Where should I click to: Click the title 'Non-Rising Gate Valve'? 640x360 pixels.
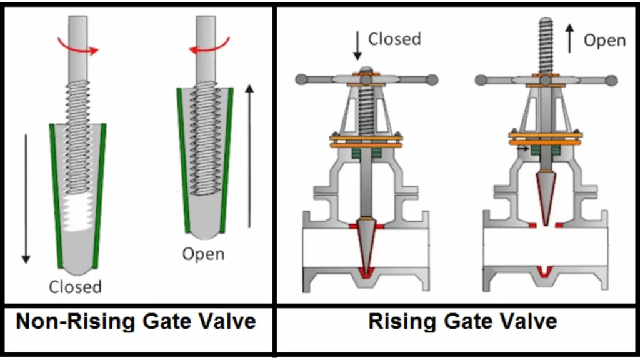136,321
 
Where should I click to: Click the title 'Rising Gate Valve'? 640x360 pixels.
462,321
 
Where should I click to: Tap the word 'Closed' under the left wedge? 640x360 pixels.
75,287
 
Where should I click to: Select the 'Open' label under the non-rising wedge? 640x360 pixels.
203,254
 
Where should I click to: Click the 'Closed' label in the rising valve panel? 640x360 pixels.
394,39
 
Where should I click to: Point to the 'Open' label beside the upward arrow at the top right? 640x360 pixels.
604,41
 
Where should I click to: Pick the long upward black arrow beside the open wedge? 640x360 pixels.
250,156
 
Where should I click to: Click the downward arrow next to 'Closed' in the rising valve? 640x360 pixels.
357,46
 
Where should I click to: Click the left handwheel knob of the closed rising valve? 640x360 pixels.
301,79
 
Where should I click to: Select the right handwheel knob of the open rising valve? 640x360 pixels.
611,80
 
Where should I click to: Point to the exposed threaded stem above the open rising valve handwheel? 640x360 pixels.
546,44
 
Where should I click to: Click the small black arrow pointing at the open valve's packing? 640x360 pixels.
523,149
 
